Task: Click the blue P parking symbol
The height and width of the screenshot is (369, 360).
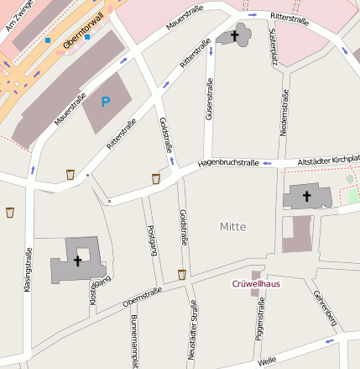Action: coord(105,103)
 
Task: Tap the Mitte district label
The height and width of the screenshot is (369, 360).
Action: coord(233,226)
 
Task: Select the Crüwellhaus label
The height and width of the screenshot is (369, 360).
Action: coord(256,283)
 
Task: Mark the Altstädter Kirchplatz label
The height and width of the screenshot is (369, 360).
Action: coord(328,160)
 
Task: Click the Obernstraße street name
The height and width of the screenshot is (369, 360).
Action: coord(142,296)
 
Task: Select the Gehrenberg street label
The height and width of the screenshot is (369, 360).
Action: coord(324,308)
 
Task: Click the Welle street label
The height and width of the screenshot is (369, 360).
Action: coord(268,361)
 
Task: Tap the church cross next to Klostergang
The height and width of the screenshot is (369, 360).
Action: coord(77,261)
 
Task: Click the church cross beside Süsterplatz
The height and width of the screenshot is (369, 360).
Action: coord(236,35)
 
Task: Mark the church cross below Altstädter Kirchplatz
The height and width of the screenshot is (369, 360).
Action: coord(305,197)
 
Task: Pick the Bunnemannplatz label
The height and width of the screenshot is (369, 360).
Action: coord(134,343)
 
